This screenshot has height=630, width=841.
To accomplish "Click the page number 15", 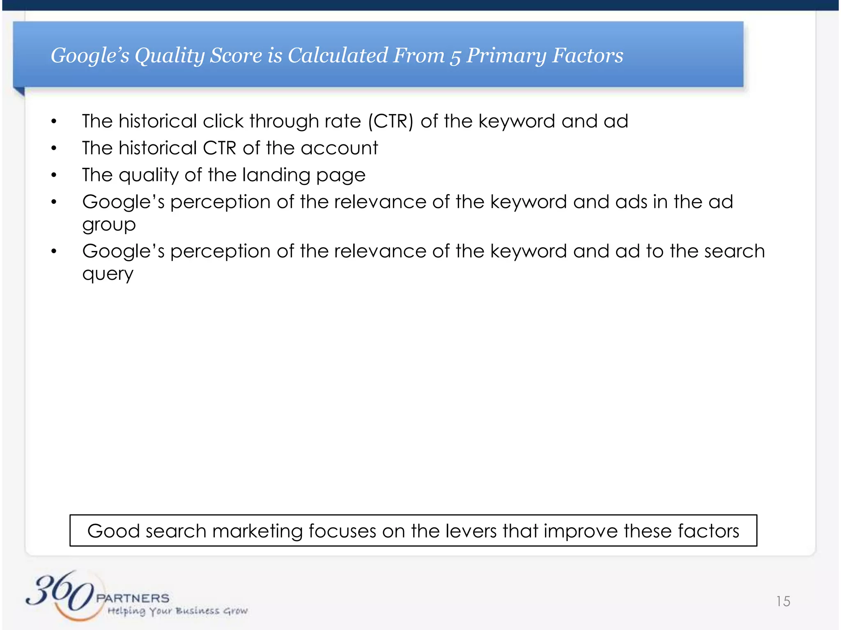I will [783, 601].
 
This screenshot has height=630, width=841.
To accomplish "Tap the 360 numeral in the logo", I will [60, 593].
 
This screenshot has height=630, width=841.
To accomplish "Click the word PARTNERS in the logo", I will [133, 598].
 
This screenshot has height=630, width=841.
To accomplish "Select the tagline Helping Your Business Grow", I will [177, 611].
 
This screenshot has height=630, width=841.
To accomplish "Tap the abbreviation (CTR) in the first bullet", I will [391, 121].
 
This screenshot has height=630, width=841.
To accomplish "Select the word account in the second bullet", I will [339, 148].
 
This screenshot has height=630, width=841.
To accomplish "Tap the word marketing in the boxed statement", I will [257, 532].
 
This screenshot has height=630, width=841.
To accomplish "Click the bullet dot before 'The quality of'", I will [54, 175].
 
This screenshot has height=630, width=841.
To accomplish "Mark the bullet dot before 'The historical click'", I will [54, 121].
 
